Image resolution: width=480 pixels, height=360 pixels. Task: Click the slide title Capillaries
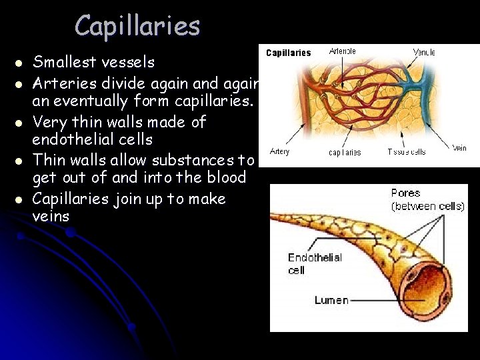[137, 26]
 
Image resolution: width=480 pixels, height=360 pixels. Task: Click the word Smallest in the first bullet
[62, 63]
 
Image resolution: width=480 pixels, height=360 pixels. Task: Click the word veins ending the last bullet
[51, 217]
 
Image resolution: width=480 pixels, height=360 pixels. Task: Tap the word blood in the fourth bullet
[227, 178]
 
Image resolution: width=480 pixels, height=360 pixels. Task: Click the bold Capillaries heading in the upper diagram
[289, 53]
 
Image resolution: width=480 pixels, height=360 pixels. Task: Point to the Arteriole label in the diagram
[343, 51]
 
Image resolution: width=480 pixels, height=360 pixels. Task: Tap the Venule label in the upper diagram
[424, 52]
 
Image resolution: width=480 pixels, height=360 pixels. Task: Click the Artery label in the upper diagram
[279, 152]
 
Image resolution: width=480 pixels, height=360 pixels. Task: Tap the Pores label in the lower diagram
[405, 193]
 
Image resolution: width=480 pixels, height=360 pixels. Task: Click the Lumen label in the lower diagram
[331, 301]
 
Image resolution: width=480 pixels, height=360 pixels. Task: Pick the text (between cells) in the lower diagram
[427, 206]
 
